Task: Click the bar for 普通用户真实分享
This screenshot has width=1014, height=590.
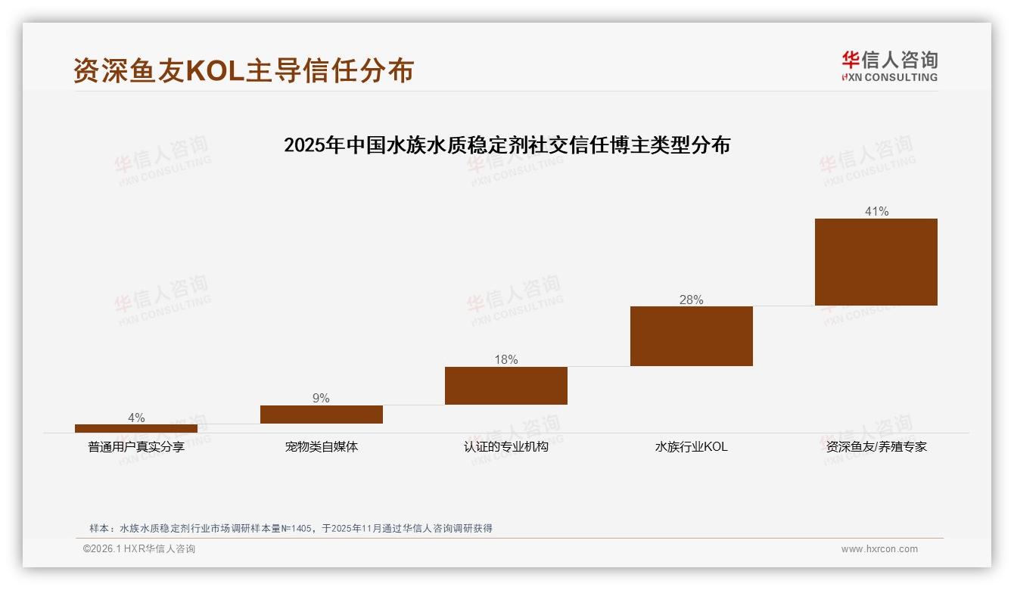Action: click(x=136, y=428)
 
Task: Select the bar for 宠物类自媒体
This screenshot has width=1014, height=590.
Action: click(x=322, y=415)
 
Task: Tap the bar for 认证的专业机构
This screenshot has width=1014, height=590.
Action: click(x=506, y=386)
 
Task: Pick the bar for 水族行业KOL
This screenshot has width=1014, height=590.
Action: click(x=692, y=336)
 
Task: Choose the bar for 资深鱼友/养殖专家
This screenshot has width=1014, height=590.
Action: click(x=876, y=262)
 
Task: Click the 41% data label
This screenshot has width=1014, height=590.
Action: click(x=876, y=212)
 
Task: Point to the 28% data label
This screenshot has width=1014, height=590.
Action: click(x=692, y=300)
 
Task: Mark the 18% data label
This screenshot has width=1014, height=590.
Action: click(x=506, y=360)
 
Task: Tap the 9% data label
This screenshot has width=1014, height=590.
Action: click(x=322, y=399)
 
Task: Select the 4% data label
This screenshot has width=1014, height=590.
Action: click(x=136, y=418)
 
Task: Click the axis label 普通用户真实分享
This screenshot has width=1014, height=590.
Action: click(x=136, y=447)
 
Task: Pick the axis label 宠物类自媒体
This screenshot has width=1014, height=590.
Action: click(x=322, y=447)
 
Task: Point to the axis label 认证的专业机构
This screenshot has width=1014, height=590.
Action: click(x=506, y=447)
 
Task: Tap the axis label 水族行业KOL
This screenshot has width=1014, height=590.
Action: click(x=692, y=447)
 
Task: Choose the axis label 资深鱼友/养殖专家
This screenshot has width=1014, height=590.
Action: click(x=876, y=447)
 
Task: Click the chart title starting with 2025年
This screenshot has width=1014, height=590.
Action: click(x=507, y=145)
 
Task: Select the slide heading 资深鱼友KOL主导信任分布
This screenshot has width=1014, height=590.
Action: click(x=244, y=70)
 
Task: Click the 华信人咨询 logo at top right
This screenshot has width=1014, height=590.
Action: click(x=889, y=66)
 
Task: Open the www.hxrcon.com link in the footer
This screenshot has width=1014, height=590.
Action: click(x=879, y=549)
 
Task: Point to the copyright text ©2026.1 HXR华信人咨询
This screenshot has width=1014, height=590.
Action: click(x=139, y=549)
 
